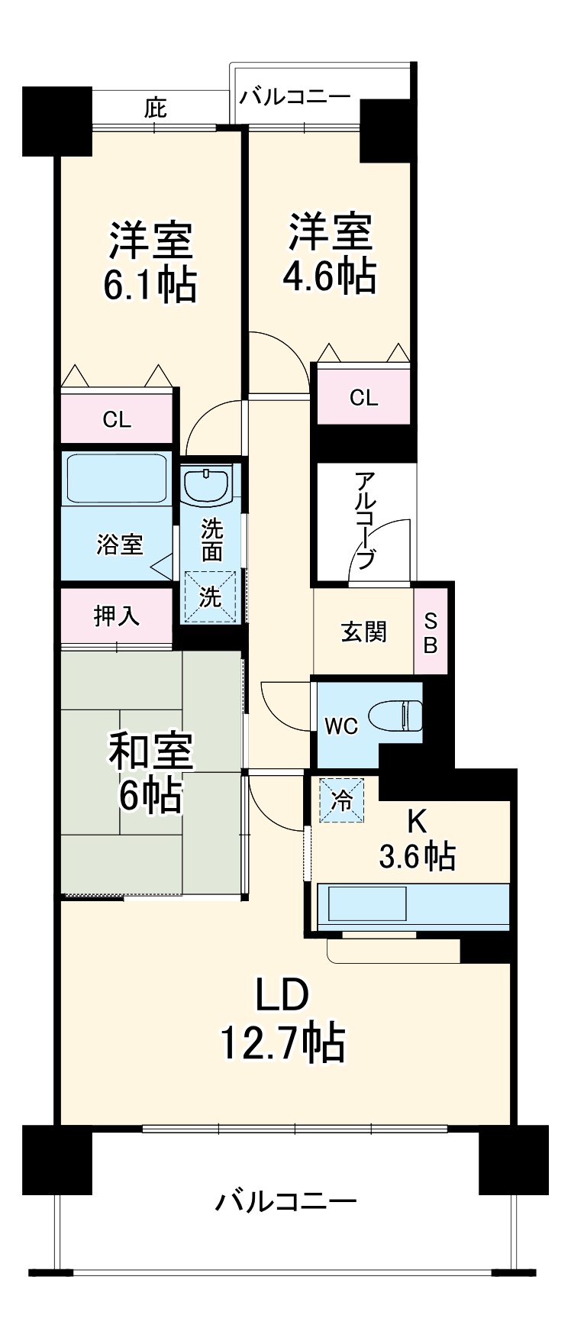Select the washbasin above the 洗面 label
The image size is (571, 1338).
206,485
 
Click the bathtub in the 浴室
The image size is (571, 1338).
117,479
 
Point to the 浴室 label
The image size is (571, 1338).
119,545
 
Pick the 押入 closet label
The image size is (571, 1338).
117,616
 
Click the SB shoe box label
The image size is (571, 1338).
431,632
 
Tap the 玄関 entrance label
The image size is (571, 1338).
363,632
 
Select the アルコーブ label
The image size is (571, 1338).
365,520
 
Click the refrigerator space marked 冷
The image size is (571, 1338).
343,800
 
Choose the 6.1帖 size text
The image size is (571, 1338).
150,286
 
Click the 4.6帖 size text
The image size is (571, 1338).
329,276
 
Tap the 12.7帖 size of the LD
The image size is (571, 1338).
282,1042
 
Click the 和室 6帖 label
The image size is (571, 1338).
150,773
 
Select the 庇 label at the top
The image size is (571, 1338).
155,109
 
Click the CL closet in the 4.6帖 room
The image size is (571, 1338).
363,397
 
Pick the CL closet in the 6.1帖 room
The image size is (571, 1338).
117,419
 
